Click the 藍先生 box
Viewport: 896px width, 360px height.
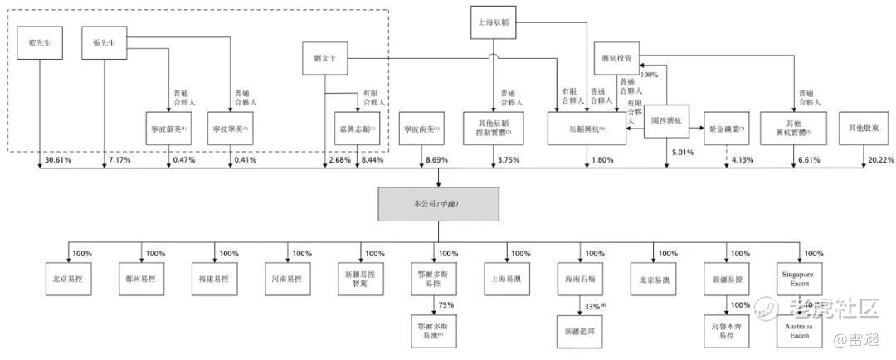(38, 42)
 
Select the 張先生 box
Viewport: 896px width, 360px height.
(104, 42)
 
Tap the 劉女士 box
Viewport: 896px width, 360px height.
(324, 59)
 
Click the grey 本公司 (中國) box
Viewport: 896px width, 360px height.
(438, 203)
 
